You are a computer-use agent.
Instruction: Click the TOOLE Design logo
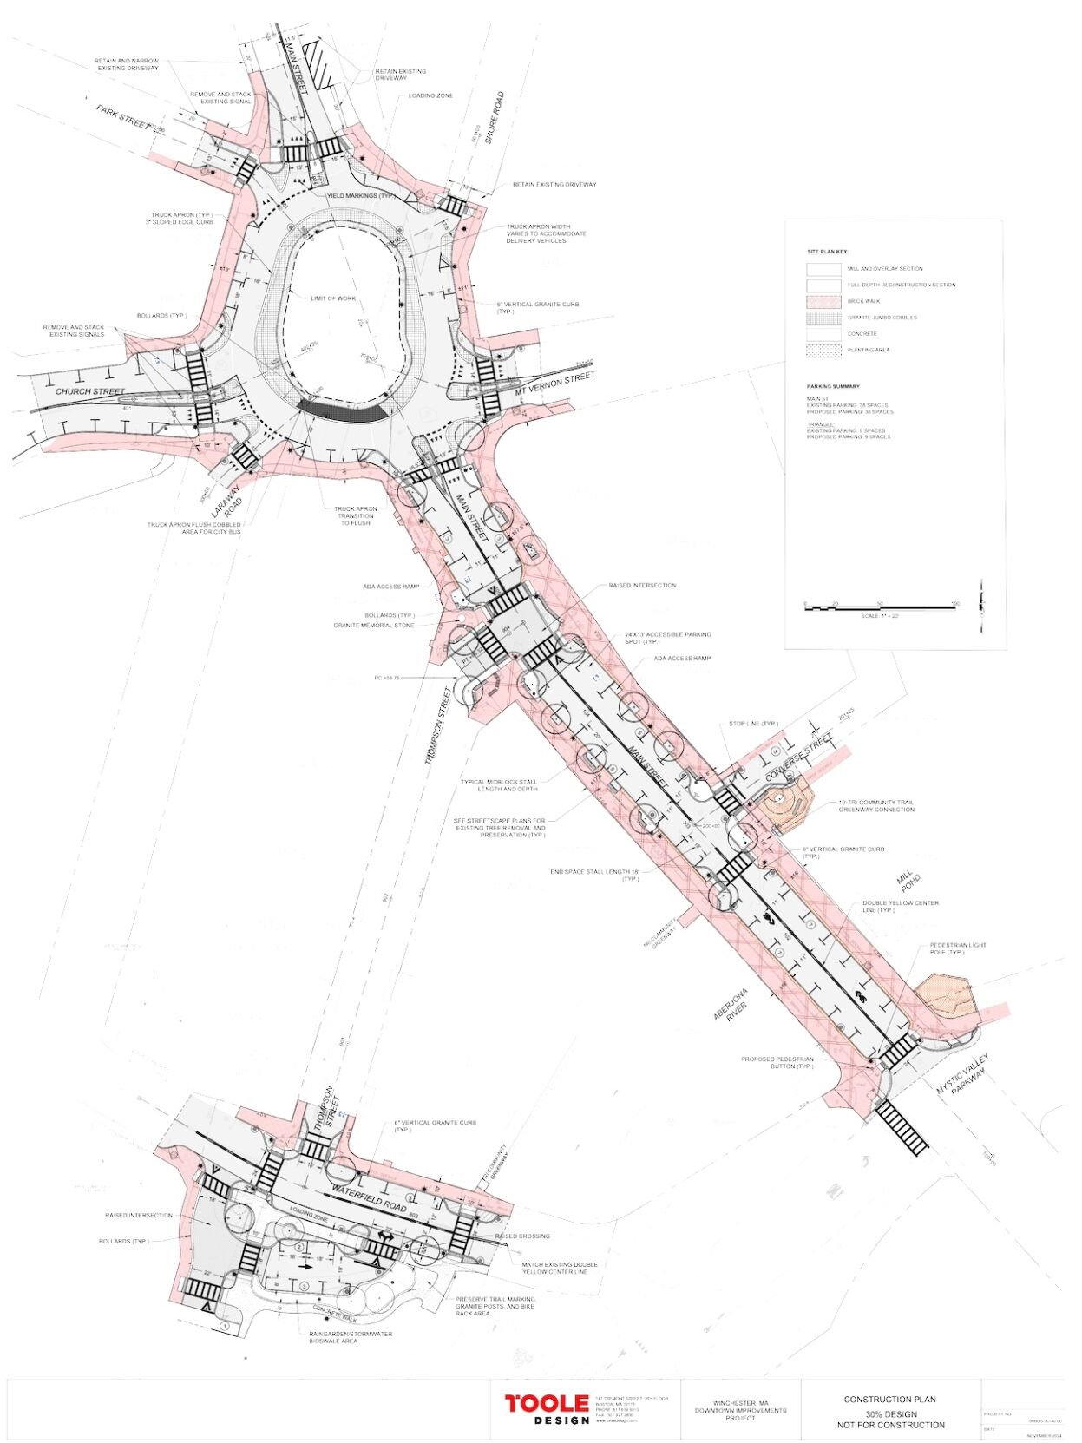pos(547,1409)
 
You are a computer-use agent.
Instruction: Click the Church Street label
pos(85,392)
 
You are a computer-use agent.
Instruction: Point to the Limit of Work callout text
pos(334,298)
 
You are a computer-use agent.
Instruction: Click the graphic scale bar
pos(881,607)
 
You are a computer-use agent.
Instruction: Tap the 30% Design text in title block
pos(889,1414)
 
